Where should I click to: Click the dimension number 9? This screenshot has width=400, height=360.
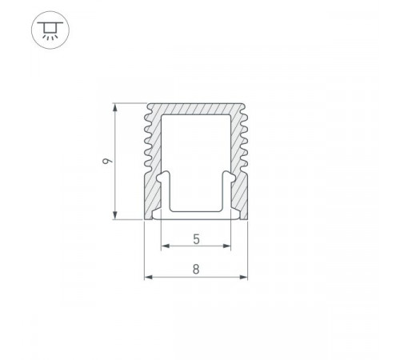point(108,161)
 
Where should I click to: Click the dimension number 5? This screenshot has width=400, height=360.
point(196,239)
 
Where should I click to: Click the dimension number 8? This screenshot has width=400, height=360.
point(196,270)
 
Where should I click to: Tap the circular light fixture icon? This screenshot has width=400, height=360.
point(50,30)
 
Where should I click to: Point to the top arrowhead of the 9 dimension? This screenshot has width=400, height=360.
point(115,107)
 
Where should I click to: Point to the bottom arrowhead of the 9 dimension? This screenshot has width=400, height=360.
point(115,215)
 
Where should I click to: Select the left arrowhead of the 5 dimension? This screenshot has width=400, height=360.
point(166,246)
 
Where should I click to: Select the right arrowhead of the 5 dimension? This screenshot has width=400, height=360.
point(226,246)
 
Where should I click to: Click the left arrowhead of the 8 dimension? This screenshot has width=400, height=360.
point(149,278)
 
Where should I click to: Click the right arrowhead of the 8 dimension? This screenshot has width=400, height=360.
point(243,278)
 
